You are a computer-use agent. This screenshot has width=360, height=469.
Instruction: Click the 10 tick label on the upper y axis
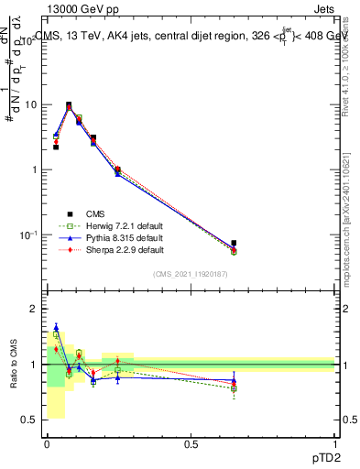pyautogui.click(x=29, y=104)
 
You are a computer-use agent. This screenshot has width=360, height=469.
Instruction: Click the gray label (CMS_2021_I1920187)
pyautogui.click(x=191, y=274)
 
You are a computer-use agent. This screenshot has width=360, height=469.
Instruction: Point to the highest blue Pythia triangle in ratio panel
pyautogui.click(x=56, y=327)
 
